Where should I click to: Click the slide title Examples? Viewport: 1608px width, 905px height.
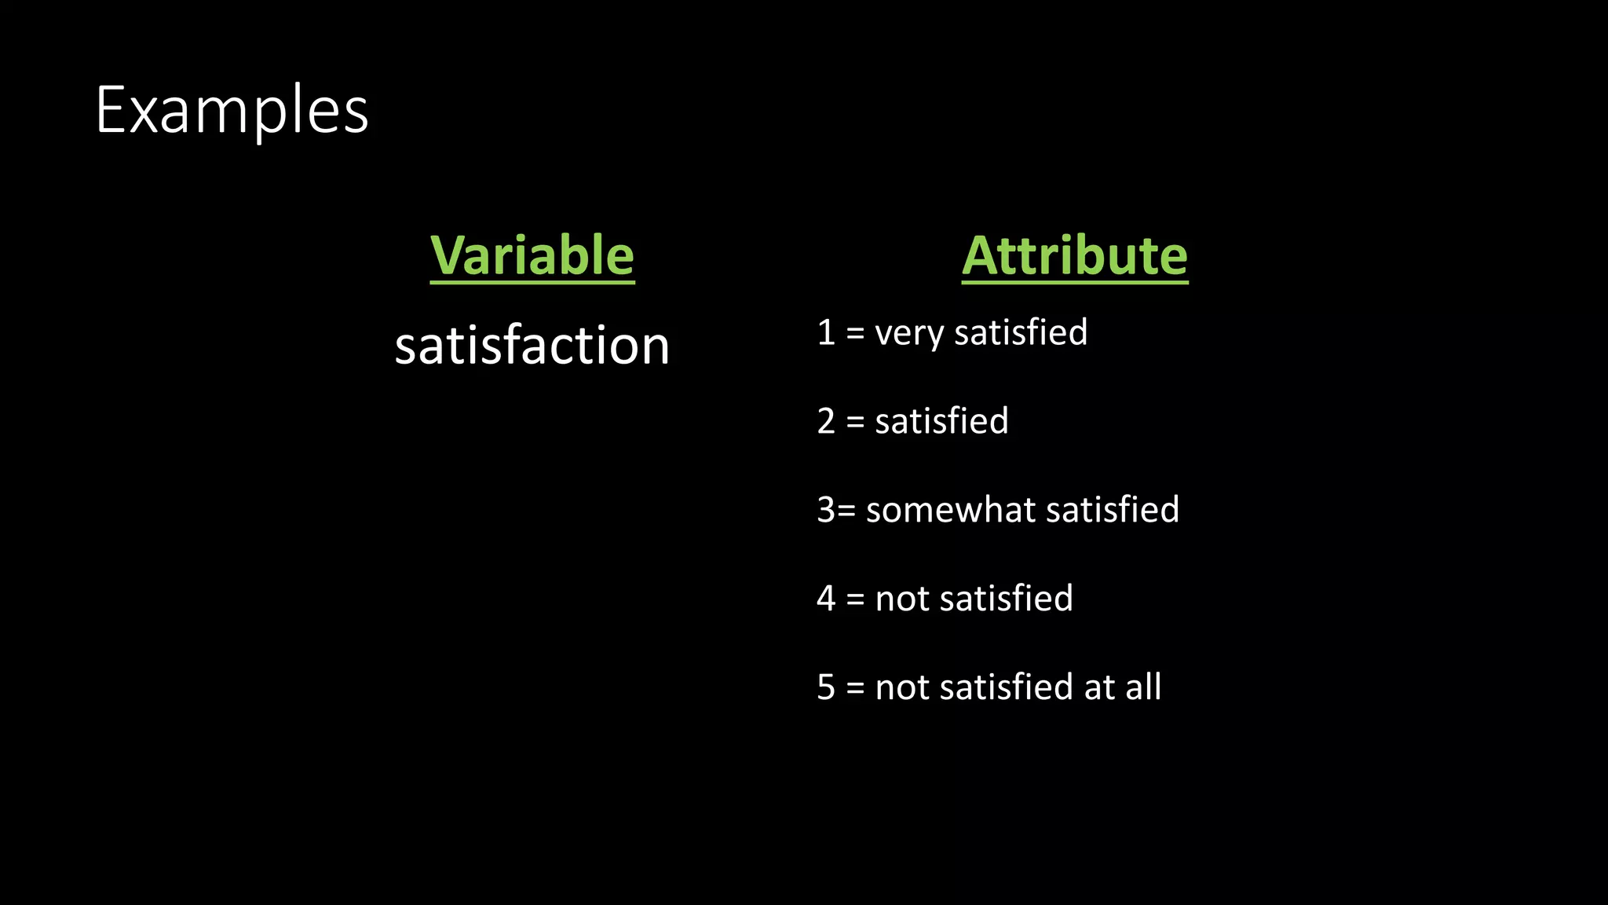pyautogui.click(x=232, y=111)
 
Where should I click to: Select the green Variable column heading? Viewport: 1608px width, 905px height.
pyautogui.click(x=532, y=255)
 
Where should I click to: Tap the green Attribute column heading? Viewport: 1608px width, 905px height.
pyautogui.click(x=1074, y=255)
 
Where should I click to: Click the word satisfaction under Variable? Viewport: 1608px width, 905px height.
pyautogui.click(x=532, y=346)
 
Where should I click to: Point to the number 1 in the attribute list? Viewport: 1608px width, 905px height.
pyautogui.click(x=826, y=332)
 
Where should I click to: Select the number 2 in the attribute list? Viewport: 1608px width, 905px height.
pyautogui.click(x=826, y=421)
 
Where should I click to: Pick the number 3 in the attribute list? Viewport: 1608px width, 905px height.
pyautogui.click(x=826, y=510)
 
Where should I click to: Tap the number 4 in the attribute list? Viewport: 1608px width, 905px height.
pyautogui.click(x=826, y=599)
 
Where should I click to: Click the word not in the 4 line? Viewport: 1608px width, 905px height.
pyautogui.click(x=902, y=599)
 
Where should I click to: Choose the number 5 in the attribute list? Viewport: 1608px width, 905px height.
pyautogui.click(x=826, y=687)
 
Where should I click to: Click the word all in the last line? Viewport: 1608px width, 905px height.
pyautogui.click(x=1142, y=687)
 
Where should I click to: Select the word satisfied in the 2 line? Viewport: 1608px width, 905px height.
pyautogui.click(x=941, y=421)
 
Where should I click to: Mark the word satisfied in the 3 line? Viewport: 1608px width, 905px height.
pyautogui.click(x=1112, y=510)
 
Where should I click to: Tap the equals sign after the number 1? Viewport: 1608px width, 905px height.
pyautogui.click(x=855, y=333)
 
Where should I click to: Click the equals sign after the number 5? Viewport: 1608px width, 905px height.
pyautogui.click(x=855, y=688)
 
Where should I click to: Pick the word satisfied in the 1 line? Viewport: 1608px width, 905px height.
pyautogui.click(x=1020, y=332)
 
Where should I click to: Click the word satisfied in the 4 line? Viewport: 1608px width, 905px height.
pyautogui.click(x=1006, y=599)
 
